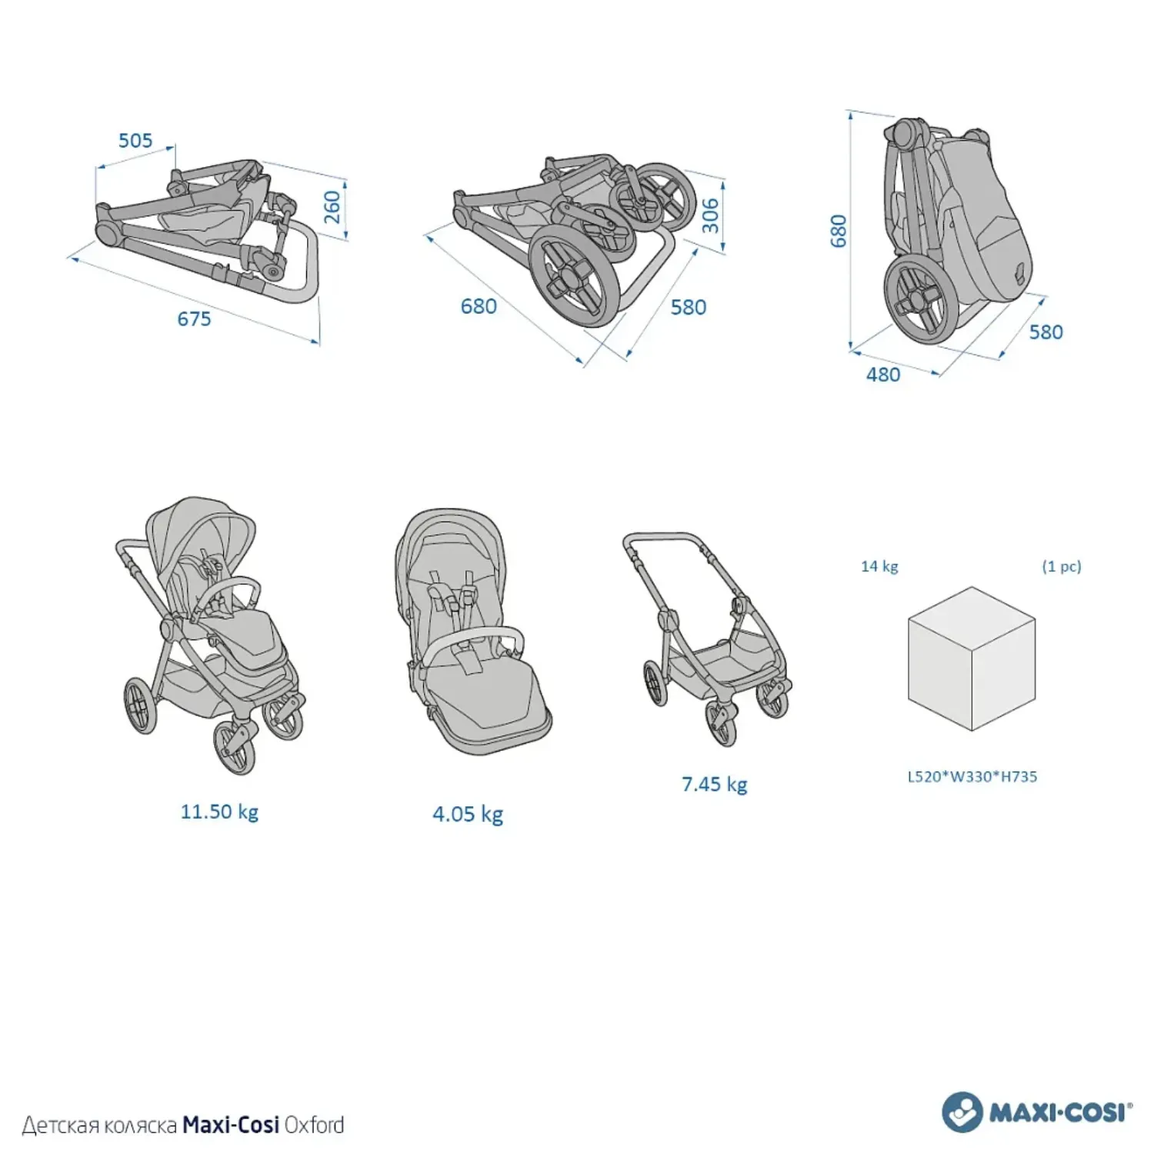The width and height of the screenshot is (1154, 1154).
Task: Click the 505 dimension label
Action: (x=135, y=140)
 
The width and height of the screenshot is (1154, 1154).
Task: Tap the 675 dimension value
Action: (x=194, y=319)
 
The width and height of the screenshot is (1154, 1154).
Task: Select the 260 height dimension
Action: (x=332, y=207)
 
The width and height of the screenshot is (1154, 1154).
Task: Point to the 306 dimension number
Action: (x=710, y=215)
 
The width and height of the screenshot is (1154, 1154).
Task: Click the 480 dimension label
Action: (x=882, y=375)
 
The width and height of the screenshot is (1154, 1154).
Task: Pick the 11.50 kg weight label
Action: (x=219, y=812)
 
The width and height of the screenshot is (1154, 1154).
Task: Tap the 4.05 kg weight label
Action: (x=468, y=814)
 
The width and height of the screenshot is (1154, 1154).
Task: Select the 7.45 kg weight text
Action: (x=714, y=784)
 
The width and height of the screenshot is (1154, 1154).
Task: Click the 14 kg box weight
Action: (x=879, y=566)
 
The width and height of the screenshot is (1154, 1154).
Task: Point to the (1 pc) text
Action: (x=1062, y=566)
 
